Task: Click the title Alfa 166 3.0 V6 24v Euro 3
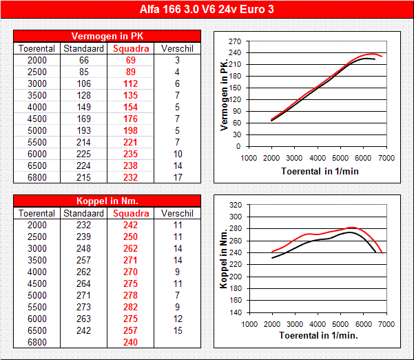(x=207, y=9)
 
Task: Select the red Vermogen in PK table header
(x=107, y=36)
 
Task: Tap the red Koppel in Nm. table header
(x=107, y=201)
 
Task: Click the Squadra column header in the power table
(x=130, y=49)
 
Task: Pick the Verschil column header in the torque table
(x=177, y=214)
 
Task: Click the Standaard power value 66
(x=84, y=61)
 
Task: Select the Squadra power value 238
(x=130, y=166)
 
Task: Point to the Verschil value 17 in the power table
(x=177, y=177)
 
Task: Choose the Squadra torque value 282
(x=130, y=307)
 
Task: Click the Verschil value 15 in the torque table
(x=177, y=330)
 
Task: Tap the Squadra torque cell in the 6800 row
(x=130, y=342)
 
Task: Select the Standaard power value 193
(x=84, y=130)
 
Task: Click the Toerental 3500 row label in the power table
(x=37, y=95)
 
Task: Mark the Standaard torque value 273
(x=84, y=307)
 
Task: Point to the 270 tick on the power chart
(x=235, y=41)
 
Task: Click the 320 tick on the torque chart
(x=235, y=205)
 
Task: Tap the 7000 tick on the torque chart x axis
(x=386, y=323)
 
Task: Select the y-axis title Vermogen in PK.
(x=223, y=94)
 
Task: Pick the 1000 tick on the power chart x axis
(x=249, y=158)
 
